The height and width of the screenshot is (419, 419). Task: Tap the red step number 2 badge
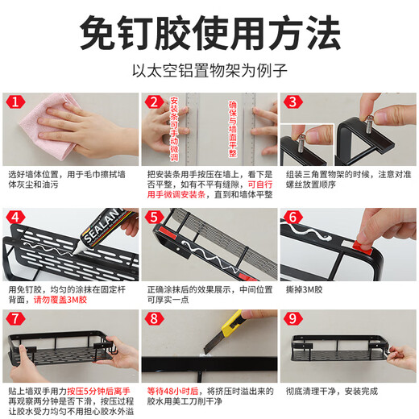click(152, 102)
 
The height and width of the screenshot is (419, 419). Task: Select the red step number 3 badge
click(292, 102)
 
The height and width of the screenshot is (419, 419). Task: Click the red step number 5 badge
click(152, 218)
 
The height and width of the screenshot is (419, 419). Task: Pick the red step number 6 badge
click(292, 218)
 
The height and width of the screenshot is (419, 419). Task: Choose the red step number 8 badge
click(152, 317)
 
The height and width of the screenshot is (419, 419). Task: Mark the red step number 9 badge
click(292, 317)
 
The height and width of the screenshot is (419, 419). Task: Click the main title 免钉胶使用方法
click(209, 33)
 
